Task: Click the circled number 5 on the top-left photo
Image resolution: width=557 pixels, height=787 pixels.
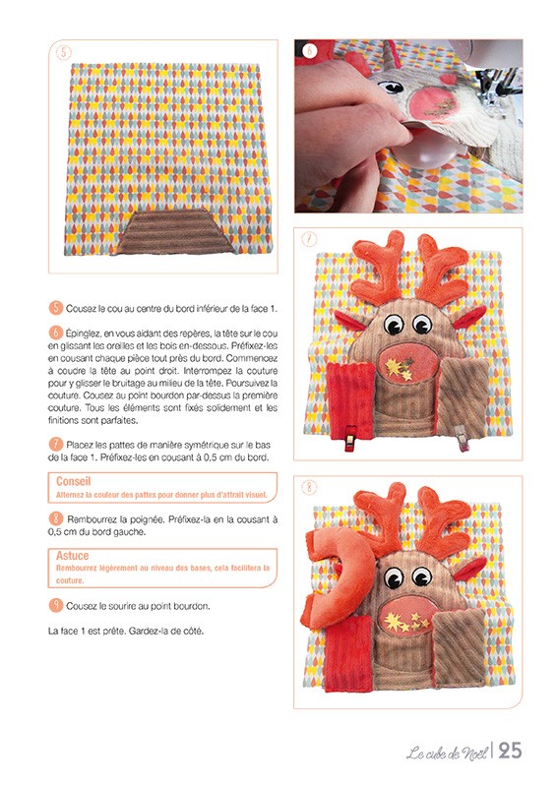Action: click(x=63, y=52)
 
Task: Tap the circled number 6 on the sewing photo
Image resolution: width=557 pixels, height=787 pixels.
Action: click(x=309, y=51)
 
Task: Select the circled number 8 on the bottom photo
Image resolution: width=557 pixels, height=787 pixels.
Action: click(x=309, y=487)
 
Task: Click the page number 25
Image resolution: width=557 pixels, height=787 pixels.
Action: click(x=511, y=751)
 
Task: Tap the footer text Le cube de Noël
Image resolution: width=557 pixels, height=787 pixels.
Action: click(x=448, y=754)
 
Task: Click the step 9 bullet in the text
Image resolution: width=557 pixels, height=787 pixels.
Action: click(x=55, y=605)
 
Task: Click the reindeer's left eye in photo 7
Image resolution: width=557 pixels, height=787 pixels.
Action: click(x=393, y=324)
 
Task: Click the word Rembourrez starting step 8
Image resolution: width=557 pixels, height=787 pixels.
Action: click(x=93, y=516)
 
